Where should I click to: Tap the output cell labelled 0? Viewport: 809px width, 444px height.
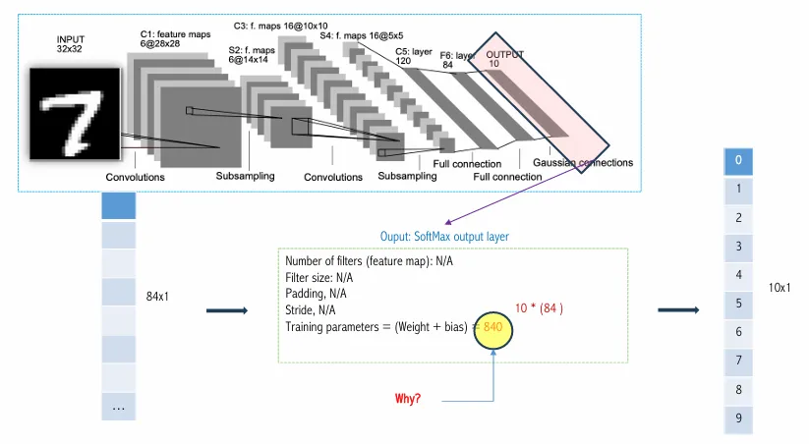(738, 160)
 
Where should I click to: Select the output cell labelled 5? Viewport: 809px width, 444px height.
(738, 304)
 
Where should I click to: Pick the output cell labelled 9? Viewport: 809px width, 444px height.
(738, 418)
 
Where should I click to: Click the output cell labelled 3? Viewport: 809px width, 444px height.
(738, 246)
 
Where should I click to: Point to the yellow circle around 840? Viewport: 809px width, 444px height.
(492, 326)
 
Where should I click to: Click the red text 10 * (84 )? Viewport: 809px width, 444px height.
(539, 308)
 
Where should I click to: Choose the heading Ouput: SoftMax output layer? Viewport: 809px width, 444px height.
(444, 237)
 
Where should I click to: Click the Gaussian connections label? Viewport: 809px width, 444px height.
(583, 163)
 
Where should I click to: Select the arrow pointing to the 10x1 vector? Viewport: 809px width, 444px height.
(677, 310)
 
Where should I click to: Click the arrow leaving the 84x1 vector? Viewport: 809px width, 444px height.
(226, 311)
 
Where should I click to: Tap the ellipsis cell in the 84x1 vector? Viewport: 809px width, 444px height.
(118, 406)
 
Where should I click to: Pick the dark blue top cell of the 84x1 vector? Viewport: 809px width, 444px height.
(118, 205)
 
